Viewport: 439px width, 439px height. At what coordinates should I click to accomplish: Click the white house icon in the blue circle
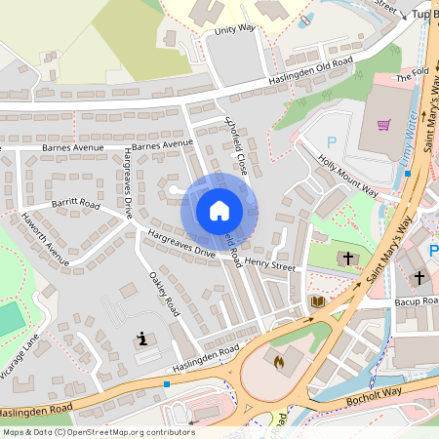click(219, 210)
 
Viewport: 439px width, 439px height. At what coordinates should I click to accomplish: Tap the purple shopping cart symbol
click(383, 125)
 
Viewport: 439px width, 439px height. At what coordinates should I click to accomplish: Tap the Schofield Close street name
click(237, 145)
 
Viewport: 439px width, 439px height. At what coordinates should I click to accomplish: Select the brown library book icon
click(317, 303)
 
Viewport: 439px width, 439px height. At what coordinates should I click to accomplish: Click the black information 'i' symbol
click(144, 339)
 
